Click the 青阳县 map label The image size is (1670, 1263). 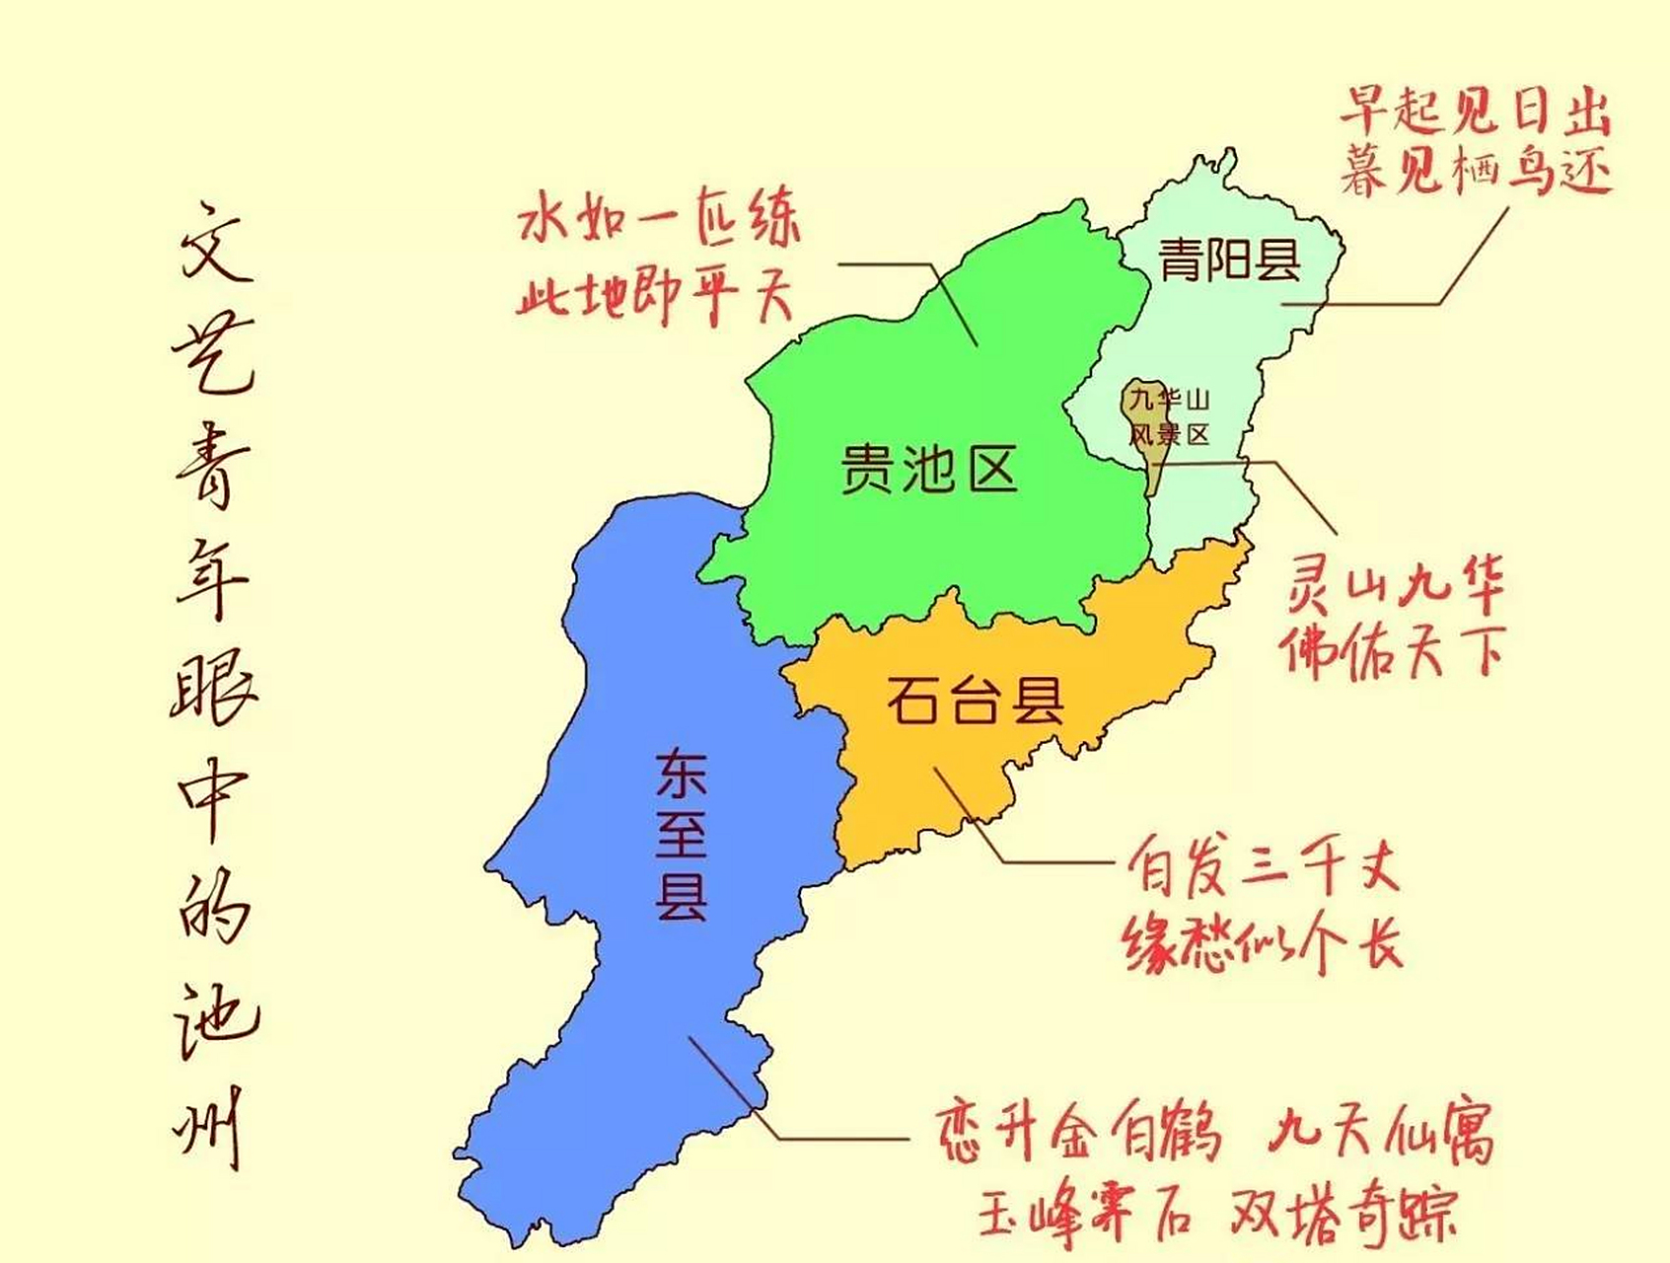tap(1229, 260)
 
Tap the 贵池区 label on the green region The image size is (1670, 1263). tap(928, 468)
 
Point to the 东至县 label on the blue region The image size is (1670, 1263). tap(682, 835)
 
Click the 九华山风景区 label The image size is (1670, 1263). tap(1169, 416)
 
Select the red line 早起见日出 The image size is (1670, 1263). tap(1474, 111)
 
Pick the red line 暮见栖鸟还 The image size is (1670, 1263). tap(1474, 171)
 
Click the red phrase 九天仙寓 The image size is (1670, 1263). tap(1381, 1133)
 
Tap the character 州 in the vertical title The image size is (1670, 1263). tap(209, 1126)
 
